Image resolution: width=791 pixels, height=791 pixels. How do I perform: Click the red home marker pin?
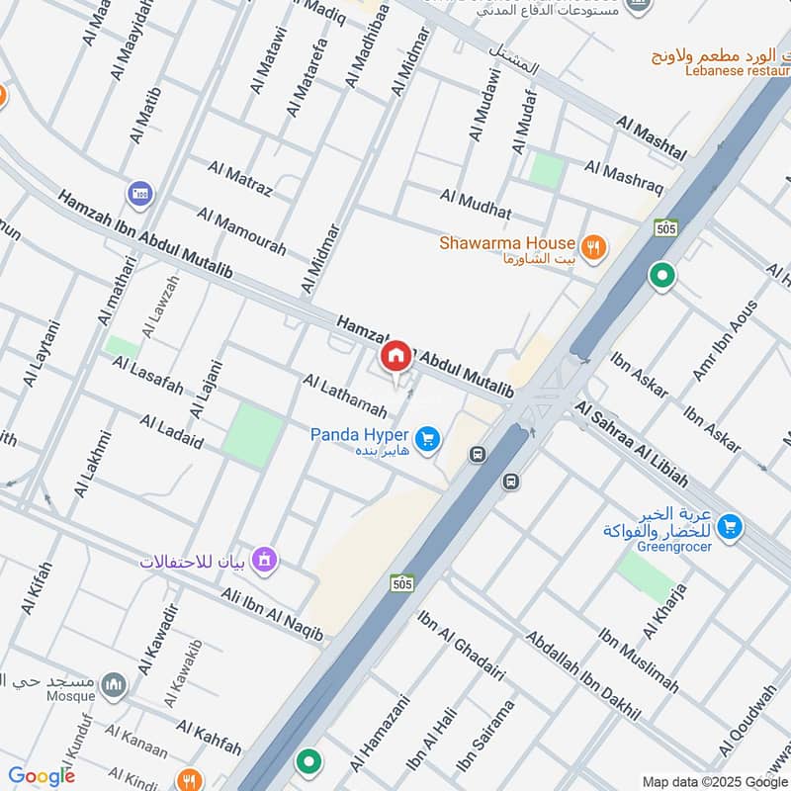(x=395, y=356)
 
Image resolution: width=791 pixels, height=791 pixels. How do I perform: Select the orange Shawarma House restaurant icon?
(x=593, y=247)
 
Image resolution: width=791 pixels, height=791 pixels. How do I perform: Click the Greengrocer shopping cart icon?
(x=731, y=527)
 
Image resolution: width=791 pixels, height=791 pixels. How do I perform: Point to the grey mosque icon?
(x=116, y=685)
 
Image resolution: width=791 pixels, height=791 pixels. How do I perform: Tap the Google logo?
(x=42, y=776)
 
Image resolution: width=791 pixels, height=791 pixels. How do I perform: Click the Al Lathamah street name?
(x=344, y=395)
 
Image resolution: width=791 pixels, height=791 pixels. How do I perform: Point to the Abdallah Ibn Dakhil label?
(x=582, y=674)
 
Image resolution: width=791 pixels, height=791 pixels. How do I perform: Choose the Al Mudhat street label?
(x=476, y=205)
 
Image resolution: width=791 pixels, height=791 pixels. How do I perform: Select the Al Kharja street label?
(x=664, y=611)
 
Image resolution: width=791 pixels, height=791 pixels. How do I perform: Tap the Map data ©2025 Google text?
(x=714, y=780)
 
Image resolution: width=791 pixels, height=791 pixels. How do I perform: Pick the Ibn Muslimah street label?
(x=639, y=659)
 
